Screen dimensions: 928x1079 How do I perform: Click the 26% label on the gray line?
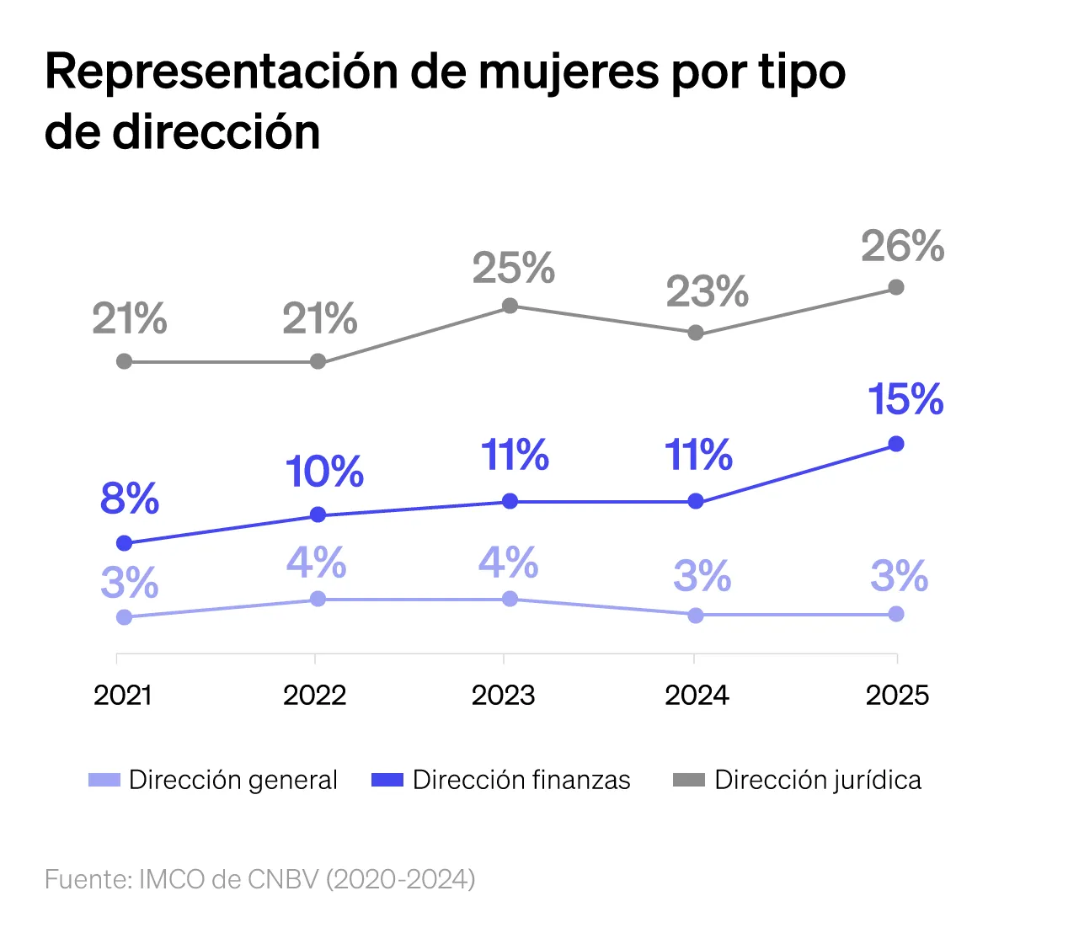(x=902, y=247)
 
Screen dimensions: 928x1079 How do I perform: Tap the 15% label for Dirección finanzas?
(x=905, y=399)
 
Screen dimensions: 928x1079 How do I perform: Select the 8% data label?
(x=129, y=499)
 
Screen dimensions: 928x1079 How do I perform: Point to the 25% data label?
(x=513, y=269)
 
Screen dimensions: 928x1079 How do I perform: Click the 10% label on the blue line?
(x=324, y=472)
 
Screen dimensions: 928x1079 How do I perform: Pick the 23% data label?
(x=707, y=292)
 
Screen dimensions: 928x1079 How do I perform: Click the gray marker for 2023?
(x=510, y=306)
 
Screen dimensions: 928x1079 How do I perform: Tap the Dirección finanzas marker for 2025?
(x=896, y=444)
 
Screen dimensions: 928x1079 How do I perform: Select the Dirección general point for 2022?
(x=318, y=599)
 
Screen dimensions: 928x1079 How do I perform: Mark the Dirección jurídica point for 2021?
(x=124, y=361)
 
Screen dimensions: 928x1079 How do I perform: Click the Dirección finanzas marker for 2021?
(x=124, y=543)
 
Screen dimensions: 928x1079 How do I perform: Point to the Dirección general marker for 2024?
(x=696, y=616)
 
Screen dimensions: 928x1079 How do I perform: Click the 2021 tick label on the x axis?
(x=123, y=696)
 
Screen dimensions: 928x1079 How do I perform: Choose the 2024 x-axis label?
(x=697, y=696)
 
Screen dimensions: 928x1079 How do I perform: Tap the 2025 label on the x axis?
(x=897, y=696)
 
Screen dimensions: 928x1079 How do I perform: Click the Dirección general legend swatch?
(x=104, y=781)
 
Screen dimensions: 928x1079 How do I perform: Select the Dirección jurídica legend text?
(x=817, y=781)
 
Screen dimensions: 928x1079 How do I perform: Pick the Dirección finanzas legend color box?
(x=387, y=781)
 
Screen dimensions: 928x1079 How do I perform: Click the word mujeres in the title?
(x=569, y=72)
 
